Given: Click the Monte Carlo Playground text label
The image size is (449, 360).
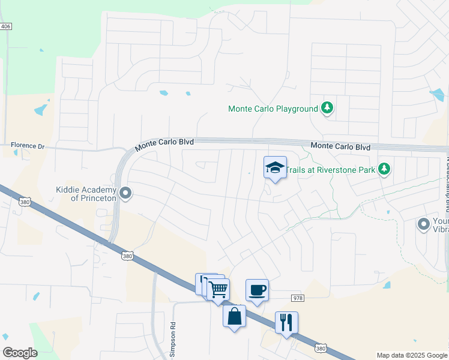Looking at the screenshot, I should pyautogui.click(x=273, y=109).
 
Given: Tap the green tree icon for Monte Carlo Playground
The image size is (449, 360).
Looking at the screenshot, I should pyautogui.click(x=327, y=109).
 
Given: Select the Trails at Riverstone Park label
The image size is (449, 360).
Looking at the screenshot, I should pyautogui.click(x=330, y=170).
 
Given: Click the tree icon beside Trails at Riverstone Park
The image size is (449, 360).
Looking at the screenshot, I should pyautogui.click(x=384, y=169).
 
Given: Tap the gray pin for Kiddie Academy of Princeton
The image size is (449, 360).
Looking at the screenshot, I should pyautogui.click(x=125, y=193).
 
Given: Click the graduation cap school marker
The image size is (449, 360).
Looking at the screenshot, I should pyautogui.click(x=275, y=167).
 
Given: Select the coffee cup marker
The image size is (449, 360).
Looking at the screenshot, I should pyautogui.click(x=257, y=290).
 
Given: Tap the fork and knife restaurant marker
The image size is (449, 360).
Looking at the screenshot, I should pyautogui.click(x=286, y=322).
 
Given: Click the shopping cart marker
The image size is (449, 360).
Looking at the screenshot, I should pyautogui.click(x=218, y=289).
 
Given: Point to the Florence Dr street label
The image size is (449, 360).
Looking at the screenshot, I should pyautogui.click(x=28, y=146).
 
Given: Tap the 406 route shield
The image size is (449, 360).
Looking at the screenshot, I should pyautogui.click(x=6, y=26).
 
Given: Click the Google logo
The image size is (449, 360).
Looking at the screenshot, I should pyautogui.click(x=20, y=353).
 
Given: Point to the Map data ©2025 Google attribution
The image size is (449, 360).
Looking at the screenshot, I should pyautogui.click(x=411, y=356).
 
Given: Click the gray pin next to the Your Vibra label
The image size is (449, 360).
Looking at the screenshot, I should pyautogui.click(x=424, y=224).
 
